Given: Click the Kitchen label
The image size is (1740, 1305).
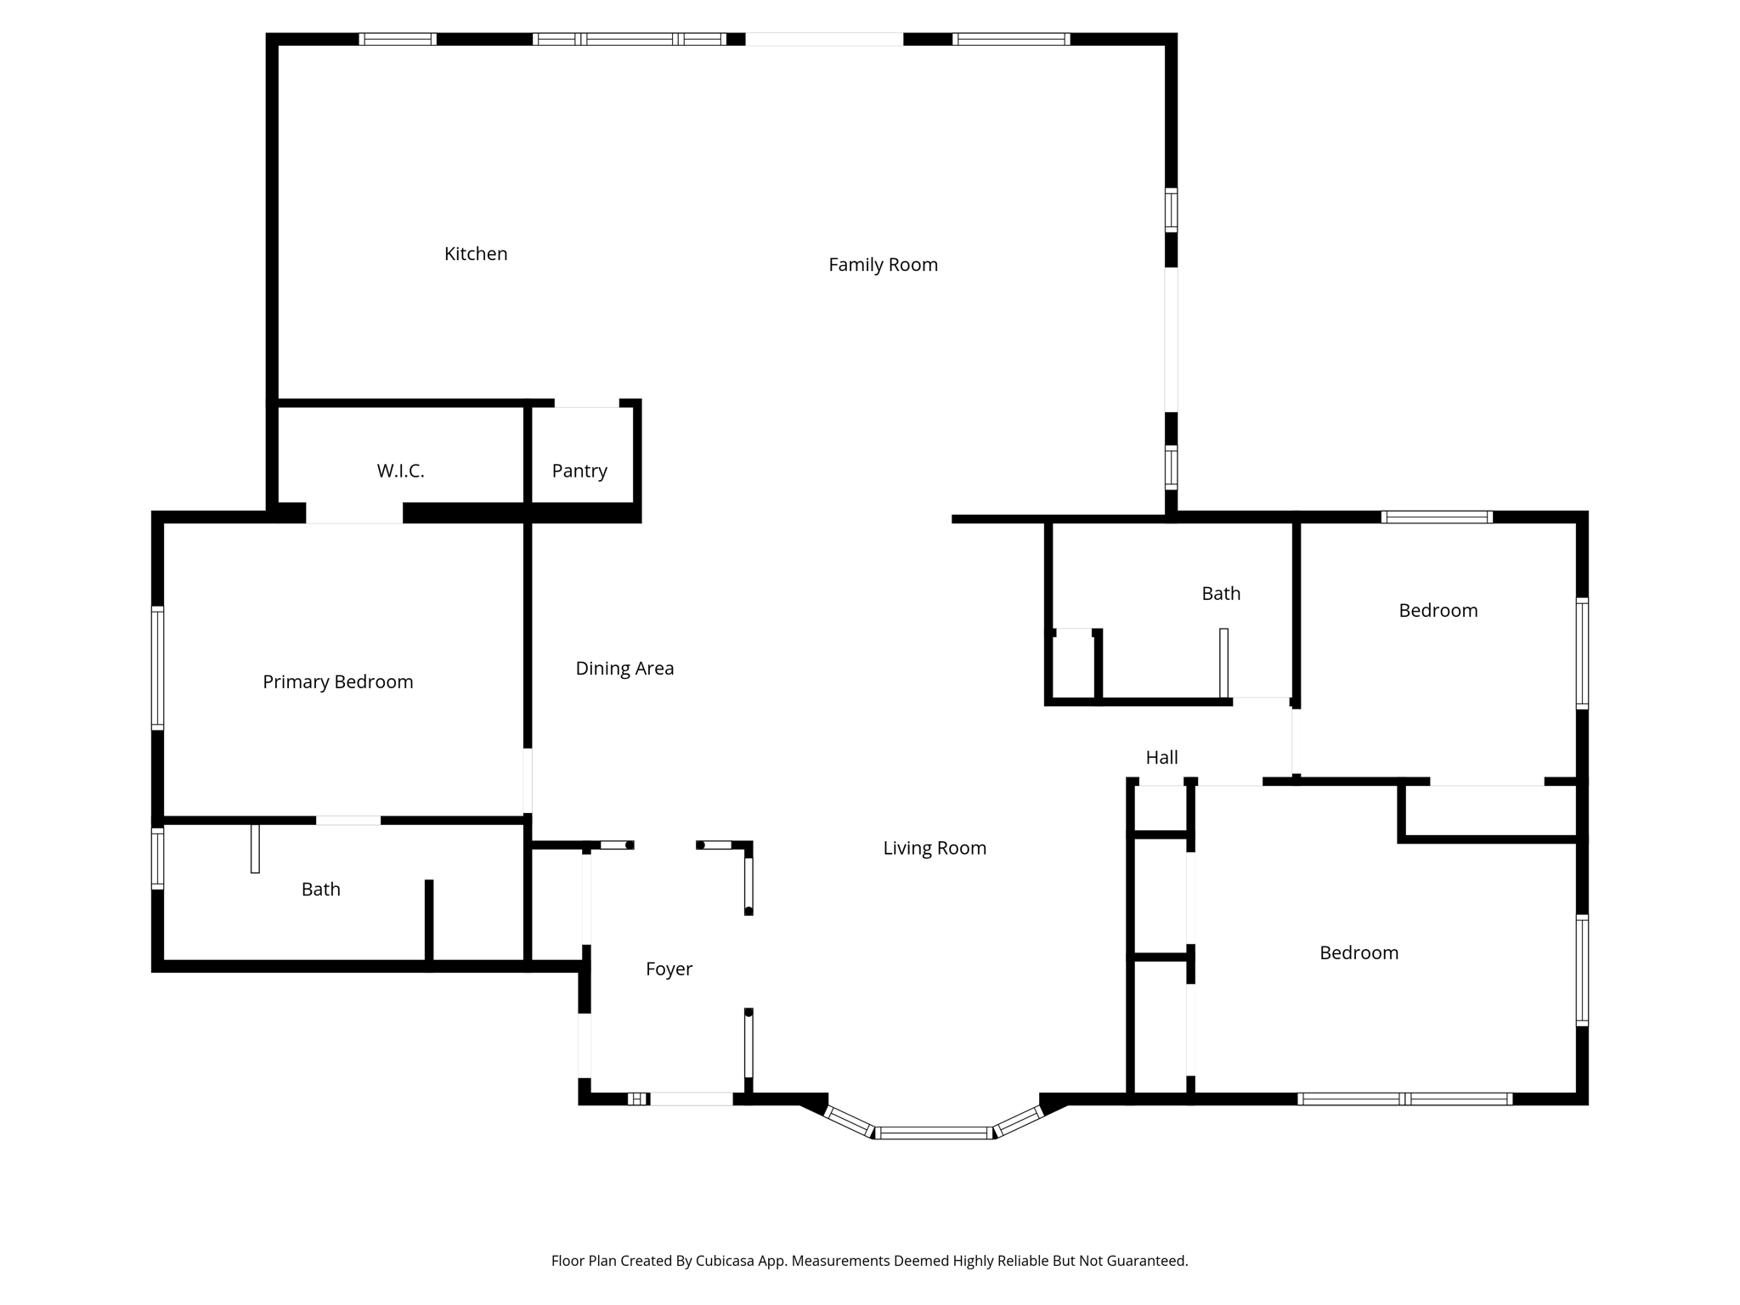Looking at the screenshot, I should [476, 254].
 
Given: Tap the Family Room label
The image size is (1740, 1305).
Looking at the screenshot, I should [883, 265].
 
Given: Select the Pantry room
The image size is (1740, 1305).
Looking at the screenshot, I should [579, 471].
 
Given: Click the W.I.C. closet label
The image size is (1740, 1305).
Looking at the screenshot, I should [400, 471].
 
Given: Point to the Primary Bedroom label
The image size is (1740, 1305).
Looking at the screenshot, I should [337, 682].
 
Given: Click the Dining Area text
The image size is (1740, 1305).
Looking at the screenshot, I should [624, 669].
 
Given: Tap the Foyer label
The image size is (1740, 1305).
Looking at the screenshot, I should [669, 969].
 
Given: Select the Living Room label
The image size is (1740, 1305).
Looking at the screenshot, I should [935, 848].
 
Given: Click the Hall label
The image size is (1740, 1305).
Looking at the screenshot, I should [1161, 758].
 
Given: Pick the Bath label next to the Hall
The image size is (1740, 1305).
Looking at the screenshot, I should [1221, 594].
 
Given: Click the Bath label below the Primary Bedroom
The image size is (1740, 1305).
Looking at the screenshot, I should [320, 890].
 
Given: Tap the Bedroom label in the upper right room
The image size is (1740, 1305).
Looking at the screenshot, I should [1438, 611].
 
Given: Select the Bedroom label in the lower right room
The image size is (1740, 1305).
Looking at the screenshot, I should [1359, 953].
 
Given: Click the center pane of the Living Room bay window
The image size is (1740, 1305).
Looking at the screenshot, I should [934, 1133].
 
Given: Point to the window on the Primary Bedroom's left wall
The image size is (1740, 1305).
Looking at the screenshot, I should [157, 668].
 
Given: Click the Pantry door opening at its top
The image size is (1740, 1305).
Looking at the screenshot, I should [586, 403].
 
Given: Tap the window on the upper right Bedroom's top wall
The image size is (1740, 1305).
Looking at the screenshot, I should [1437, 517].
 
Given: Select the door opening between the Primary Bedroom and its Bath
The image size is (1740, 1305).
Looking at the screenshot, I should [348, 820].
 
